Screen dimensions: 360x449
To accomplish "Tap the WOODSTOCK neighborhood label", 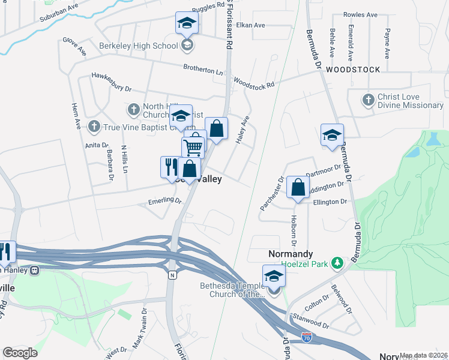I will tap(353, 70).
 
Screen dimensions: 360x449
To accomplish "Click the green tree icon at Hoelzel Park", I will tap(338, 263).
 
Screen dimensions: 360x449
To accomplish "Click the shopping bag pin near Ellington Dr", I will tap(298, 187).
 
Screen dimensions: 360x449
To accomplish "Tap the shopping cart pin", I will tap(193, 146).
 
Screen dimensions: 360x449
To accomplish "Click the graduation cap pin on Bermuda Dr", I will tap(332, 135).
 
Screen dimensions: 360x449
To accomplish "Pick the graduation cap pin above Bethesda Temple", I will tap(274, 276).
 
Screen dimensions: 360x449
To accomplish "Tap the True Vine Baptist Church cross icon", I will tap(94, 126).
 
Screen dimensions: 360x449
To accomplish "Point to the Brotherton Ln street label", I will tap(203, 70).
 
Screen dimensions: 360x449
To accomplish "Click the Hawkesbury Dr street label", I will tap(111, 82).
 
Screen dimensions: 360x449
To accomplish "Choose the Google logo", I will tap(20, 353).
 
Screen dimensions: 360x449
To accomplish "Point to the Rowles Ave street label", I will tap(360, 14).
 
